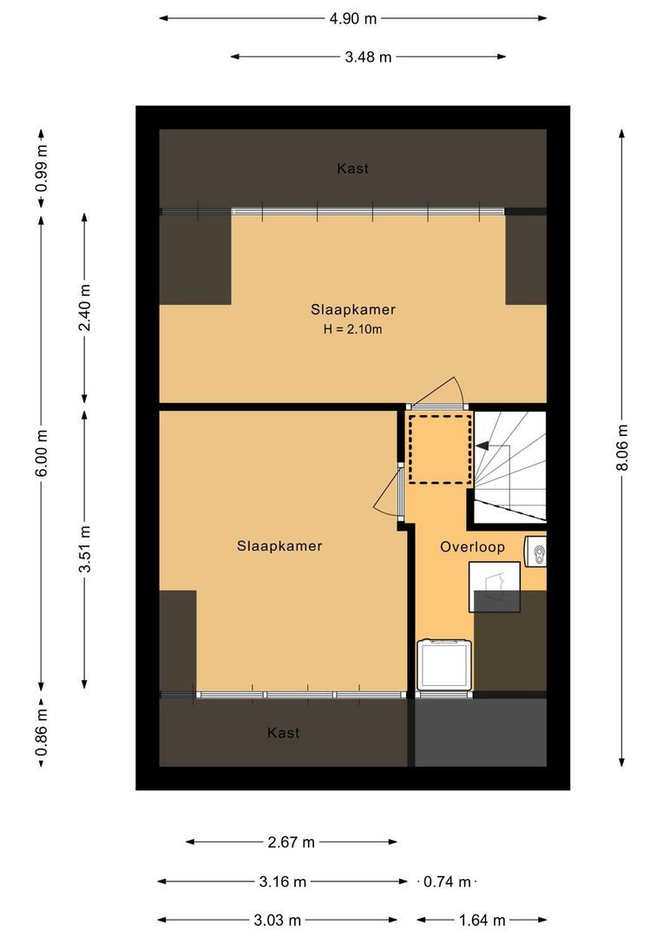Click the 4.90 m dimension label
pos(352,17)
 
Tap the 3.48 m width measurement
pos(368,57)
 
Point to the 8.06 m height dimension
pos(622,447)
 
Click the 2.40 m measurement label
pos(84,309)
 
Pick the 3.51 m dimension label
pos(84,549)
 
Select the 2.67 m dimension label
pos(291,842)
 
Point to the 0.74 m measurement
pos(447,882)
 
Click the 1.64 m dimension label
pos(481,920)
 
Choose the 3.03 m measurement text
pos(278,920)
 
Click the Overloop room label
pos(472,547)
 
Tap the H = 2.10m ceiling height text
pos(352,329)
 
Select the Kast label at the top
pos(352,168)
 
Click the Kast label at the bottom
pos(283,733)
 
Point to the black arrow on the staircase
pos(482,446)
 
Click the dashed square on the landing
pos(439,449)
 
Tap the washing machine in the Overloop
pos(444,667)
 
